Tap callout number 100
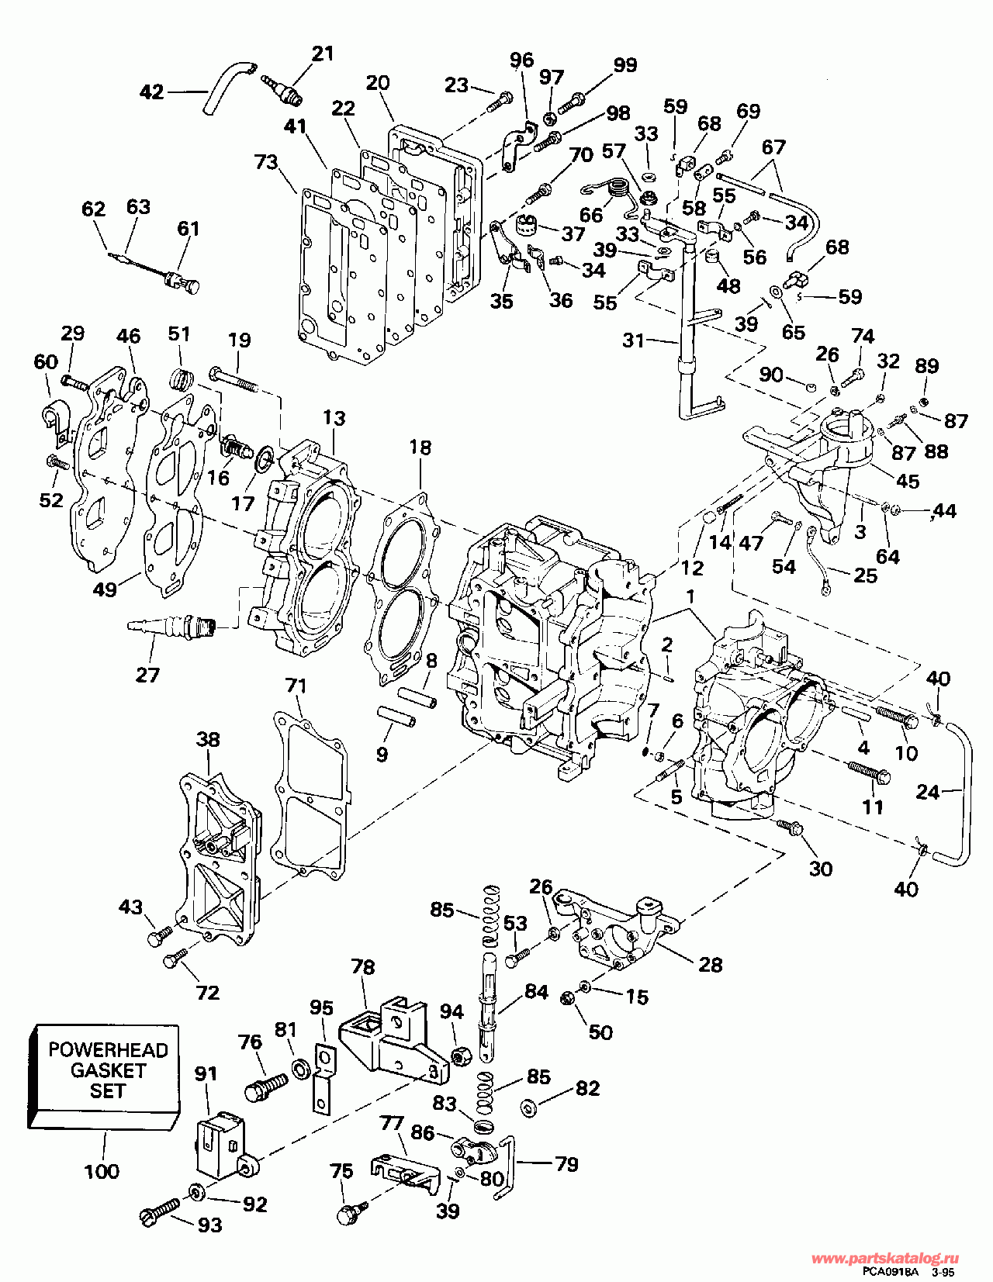[x=102, y=1171]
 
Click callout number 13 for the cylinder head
[x=334, y=418]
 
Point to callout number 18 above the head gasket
[x=420, y=447]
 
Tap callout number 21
[x=322, y=53]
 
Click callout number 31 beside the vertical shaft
[x=633, y=340]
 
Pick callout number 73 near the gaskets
[x=266, y=161]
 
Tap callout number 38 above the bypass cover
[x=208, y=739]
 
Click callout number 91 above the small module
[x=206, y=1073]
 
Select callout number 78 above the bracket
[x=363, y=967]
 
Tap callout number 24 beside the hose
[x=928, y=791]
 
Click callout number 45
[x=908, y=481]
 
